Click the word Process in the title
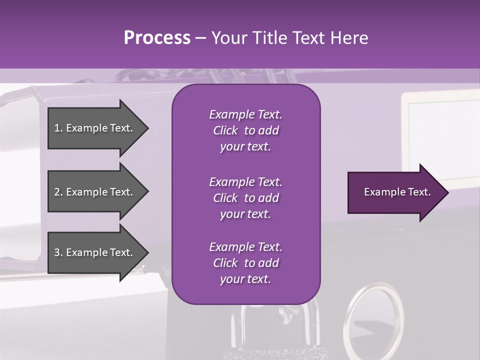point(157,37)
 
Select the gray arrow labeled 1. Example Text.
point(95,128)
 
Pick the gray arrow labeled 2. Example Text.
point(95,192)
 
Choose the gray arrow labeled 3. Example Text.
point(95,252)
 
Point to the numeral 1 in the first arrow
point(57,128)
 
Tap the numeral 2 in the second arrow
point(57,192)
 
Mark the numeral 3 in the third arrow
point(57,252)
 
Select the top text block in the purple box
point(245,130)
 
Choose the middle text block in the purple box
point(245,198)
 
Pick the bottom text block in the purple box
point(245,263)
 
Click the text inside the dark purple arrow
point(397,192)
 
